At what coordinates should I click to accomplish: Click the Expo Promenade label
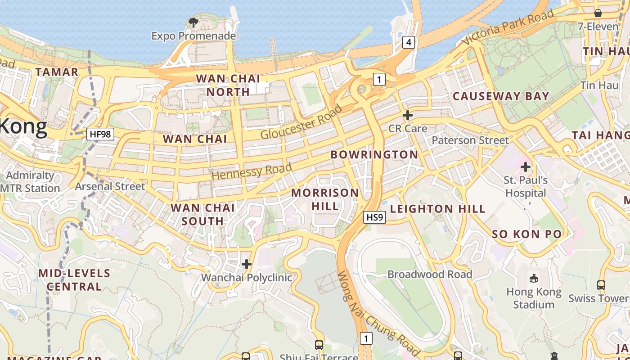pyautogui.click(x=193, y=36)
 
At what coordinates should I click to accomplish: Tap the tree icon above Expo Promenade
pyautogui.click(x=193, y=22)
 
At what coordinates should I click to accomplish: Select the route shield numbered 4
pyautogui.click(x=408, y=43)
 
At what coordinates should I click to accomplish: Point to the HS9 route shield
pyautogui.click(x=374, y=218)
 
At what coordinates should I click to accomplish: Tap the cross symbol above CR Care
pyautogui.click(x=408, y=115)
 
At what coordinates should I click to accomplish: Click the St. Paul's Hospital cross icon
pyautogui.click(x=525, y=167)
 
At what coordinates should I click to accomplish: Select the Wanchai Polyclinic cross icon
pyautogui.click(x=247, y=264)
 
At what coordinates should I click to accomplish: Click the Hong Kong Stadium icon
pyautogui.click(x=534, y=279)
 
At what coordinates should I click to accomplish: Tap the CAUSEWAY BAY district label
pyautogui.click(x=501, y=96)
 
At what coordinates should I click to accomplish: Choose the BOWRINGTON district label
pyautogui.click(x=374, y=154)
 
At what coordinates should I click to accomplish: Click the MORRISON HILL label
pyautogui.click(x=325, y=199)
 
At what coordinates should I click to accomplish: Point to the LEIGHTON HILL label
pyautogui.click(x=437, y=209)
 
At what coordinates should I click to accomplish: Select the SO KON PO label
pyautogui.click(x=526, y=234)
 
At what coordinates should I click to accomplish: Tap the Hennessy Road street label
pyautogui.click(x=252, y=171)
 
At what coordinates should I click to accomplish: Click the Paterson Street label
pyautogui.click(x=470, y=140)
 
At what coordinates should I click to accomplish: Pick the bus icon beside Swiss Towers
pyautogui.click(x=601, y=285)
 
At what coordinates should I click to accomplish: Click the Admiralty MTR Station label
pyautogui.click(x=31, y=182)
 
